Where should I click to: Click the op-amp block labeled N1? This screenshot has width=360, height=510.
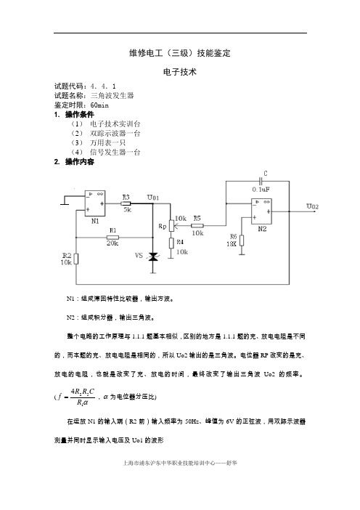coord(95,203)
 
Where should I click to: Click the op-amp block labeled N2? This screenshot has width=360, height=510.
coord(261,211)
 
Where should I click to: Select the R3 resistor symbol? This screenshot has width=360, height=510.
coord(126,203)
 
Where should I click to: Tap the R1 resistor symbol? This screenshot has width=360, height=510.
coord(112,237)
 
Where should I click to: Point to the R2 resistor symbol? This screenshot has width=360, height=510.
coord(76,259)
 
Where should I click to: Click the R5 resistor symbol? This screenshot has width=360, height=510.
coord(197,225)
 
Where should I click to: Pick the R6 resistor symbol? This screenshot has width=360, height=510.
coord(242,240)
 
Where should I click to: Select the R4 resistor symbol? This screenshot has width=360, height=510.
coord(171,243)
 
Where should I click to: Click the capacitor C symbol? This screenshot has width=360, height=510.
coord(261,181)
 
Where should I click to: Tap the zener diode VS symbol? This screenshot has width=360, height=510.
coord(152,257)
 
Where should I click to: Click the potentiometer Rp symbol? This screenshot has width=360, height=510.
coord(171,224)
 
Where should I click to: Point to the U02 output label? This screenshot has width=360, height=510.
coord(312,206)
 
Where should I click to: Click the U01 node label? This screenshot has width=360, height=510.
coord(153,198)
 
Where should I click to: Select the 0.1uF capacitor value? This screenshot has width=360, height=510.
coord(261,190)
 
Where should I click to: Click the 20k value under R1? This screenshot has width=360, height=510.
coord(112,243)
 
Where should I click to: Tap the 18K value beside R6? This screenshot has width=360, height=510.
coord(232,243)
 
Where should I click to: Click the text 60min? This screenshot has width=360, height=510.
coord(99,105)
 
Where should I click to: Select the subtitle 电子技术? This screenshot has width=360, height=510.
coord(180,72)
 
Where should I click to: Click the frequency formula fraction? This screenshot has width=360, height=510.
coord(83,397)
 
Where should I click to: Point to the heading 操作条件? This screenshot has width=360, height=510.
coord(79,115)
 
